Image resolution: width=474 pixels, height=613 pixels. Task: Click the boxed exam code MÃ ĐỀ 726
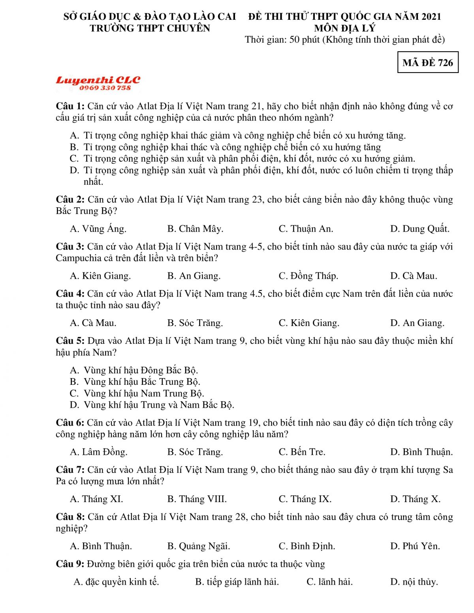pos(428,62)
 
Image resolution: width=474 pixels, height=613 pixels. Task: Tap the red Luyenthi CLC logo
pos(98,80)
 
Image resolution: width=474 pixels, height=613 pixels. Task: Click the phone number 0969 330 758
pos(105,88)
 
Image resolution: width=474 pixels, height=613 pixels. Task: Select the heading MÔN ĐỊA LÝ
pos(344,28)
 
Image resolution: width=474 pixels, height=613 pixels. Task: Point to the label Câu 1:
pos(70,106)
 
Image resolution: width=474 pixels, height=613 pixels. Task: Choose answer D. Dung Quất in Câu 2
pos(419,229)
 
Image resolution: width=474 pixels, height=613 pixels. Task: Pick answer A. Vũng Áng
pos(98,229)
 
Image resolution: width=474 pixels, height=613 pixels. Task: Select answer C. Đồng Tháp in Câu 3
pos(308,276)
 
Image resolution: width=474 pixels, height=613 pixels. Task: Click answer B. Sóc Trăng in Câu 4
pos(195,323)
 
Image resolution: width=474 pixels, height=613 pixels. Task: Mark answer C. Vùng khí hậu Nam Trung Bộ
pos(137,393)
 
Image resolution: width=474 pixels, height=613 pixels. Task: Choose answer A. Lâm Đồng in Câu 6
pos(98,452)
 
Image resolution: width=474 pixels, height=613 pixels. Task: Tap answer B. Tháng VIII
pos(197,499)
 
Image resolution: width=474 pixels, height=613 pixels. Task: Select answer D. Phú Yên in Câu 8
pos(415,546)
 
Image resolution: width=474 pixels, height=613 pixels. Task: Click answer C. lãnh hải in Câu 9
pos(329,581)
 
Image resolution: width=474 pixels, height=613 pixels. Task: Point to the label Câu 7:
pos(70,470)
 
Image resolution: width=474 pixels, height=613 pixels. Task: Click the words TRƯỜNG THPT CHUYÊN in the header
pos(150,28)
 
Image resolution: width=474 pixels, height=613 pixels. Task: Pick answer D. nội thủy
pos(414,581)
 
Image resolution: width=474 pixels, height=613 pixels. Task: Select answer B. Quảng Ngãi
pos(198,546)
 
